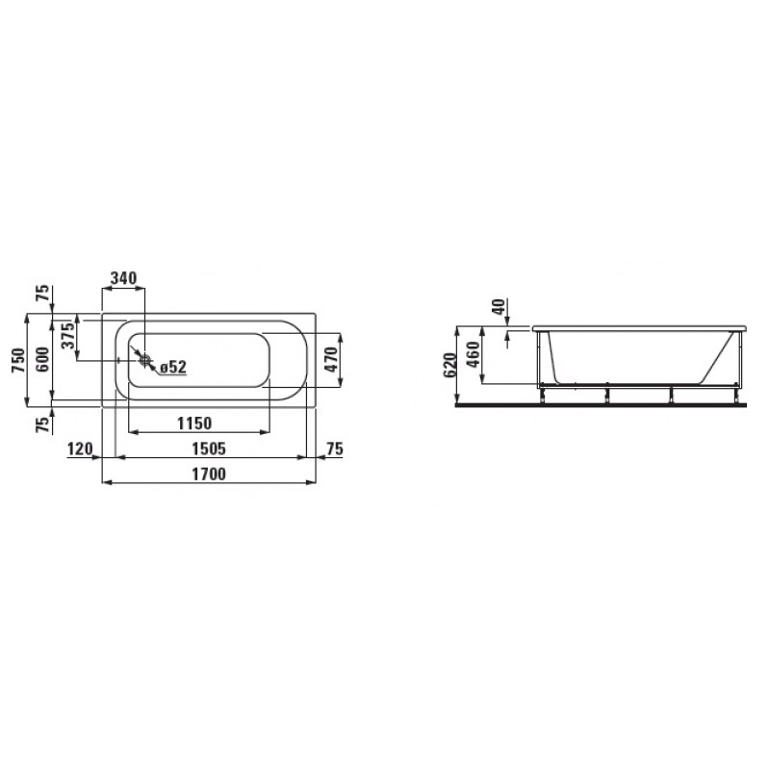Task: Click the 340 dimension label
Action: [123, 278]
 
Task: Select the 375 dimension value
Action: [68, 334]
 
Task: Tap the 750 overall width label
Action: [18, 359]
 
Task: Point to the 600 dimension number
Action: [43, 359]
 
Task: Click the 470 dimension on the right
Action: [331, 359]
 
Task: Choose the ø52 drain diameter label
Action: [173, 367]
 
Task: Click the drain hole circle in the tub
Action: [144, 360]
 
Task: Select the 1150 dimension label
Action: [194, 423]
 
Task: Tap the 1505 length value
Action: [208, 449]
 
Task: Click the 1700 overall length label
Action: [208, 475]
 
